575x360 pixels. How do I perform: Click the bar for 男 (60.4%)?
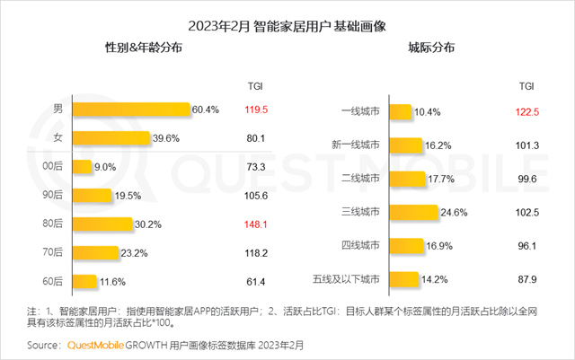(x=131, y=110)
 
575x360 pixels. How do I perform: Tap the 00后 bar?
(x=81, y=167)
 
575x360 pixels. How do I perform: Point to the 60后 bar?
(x=84, y=282)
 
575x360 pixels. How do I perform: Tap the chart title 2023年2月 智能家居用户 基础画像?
(x=288, y=17)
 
